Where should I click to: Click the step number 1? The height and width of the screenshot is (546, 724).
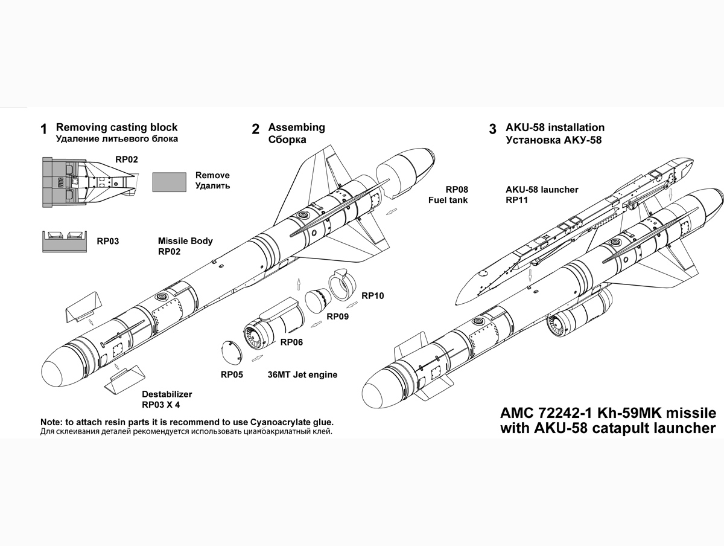[x=43, y=129]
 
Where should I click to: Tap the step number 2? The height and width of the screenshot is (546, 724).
[x=255, y=129]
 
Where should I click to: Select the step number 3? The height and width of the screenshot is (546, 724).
[x=492, y=129]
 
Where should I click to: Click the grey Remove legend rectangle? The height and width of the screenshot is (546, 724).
[x=169, y=182]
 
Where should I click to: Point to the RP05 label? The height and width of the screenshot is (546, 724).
[x=232, y=374]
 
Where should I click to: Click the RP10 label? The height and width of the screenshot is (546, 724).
[x=373, y=295]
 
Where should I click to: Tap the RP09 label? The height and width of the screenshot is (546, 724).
[x=337, y=316]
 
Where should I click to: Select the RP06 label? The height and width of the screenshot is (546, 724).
[x=291, y=342]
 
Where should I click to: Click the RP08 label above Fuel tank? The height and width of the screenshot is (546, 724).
[x=457, y=190]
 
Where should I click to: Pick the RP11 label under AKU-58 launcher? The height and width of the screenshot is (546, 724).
[x=517, y=200]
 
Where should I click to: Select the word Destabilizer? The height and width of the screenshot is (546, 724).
[x=167, y=394]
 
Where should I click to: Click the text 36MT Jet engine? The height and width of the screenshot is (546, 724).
[x=302, y=374]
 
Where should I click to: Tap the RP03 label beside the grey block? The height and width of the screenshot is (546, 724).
[x=108, y=241]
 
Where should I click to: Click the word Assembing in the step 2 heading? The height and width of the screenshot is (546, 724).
[x=296, y=127]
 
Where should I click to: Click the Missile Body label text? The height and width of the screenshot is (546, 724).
[x=185, y=241]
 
